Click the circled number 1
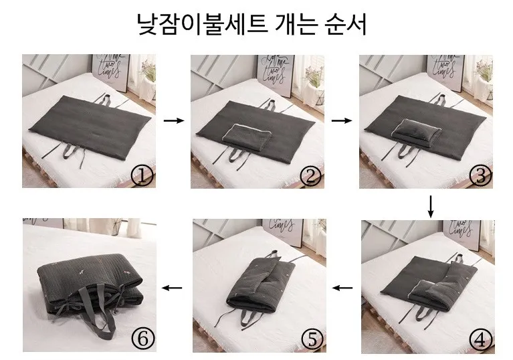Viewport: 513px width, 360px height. [x=142, y=177]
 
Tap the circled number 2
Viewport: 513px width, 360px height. [x=310, y=177]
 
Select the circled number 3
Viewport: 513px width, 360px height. [x=480, y=177]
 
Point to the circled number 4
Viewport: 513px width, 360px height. [x=480, y=341]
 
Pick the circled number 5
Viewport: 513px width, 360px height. [x=312, y=339]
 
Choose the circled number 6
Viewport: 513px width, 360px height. [x=143, y=339]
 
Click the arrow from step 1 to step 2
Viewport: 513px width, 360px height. [x=174, y=120]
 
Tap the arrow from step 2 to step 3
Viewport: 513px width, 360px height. [x=342, y=120]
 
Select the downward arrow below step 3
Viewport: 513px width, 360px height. [x=431, y=207]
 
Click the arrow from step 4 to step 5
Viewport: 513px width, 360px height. [x=342, y=288]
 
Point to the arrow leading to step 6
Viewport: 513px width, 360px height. [x=172, y=288]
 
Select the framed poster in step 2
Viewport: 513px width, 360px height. [x=277, y=75]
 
